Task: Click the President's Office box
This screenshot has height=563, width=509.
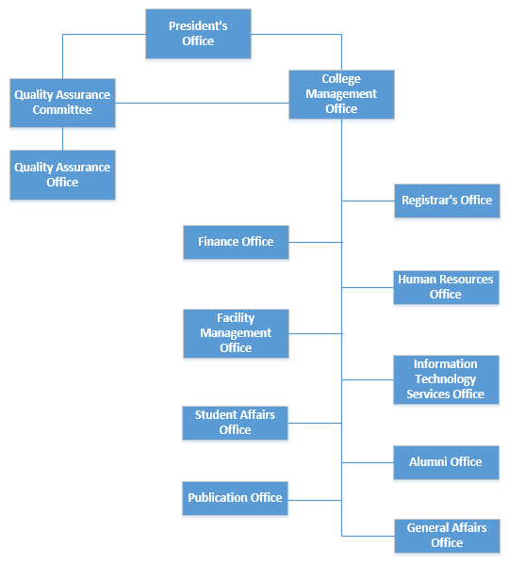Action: (198, 34)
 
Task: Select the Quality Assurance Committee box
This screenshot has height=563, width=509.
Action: (62, 103)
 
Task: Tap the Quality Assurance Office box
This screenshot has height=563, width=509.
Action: (62, 175)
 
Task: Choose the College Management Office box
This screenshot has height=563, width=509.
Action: (341, 94)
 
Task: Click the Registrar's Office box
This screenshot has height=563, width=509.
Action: (447, 201)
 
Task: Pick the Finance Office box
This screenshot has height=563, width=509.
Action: (236, 242)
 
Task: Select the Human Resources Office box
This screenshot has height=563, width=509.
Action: (446, 287)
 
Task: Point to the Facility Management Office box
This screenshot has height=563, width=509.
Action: (236, 333)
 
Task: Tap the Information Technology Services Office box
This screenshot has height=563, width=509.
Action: (446, 379)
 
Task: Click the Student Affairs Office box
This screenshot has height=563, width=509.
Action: (235, 423)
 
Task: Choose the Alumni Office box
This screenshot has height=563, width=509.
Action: (446, 462)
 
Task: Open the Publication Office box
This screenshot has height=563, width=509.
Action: (235, 498)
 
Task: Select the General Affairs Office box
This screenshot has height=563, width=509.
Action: (447, 536)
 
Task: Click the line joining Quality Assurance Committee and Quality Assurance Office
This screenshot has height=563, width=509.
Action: (62, 139)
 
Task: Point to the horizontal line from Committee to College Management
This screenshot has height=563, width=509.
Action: (202, 103)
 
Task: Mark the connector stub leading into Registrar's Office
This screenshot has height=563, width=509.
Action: (369, 201)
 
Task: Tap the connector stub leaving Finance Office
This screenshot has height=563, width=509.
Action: (315, 242)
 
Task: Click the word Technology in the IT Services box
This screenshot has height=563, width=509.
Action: (445, 379)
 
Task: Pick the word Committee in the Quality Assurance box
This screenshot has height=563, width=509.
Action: (62, 109)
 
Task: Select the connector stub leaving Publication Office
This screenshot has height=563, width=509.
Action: (315, 500)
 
